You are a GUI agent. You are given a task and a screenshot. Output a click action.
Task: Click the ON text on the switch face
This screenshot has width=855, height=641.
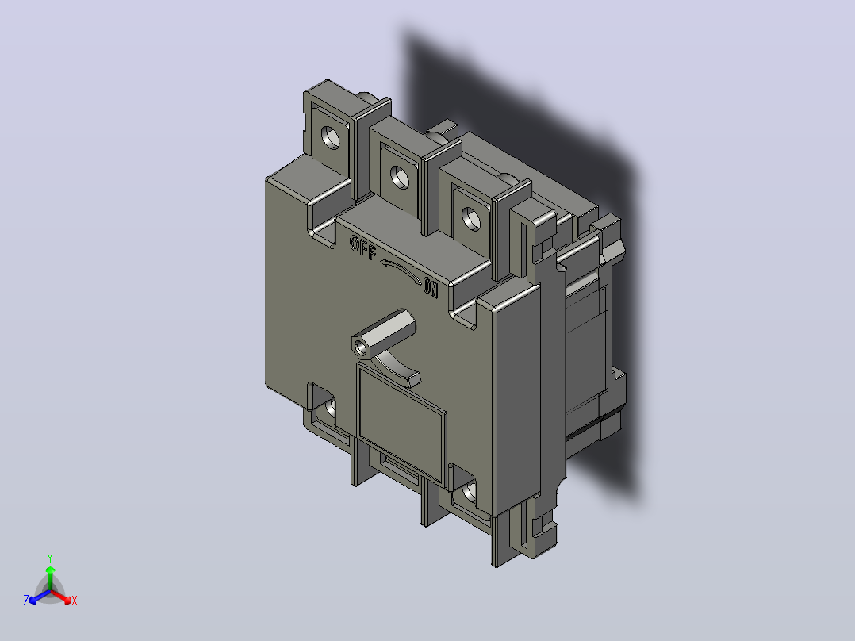coord(431,287)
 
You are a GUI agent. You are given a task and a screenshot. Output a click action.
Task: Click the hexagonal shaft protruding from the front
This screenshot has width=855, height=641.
coord(383,334)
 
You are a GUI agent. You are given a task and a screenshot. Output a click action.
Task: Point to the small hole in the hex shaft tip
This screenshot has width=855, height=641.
coord(358,347)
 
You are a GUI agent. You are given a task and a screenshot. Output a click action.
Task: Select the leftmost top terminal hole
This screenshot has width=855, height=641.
coord(329,136)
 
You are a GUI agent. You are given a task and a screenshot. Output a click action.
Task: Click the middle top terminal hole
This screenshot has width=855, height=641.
coord(399,177)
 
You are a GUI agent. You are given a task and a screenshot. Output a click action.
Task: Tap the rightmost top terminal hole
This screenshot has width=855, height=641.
coord(470,218)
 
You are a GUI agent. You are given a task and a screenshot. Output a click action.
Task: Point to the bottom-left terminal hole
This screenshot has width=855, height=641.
coord(331,408)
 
